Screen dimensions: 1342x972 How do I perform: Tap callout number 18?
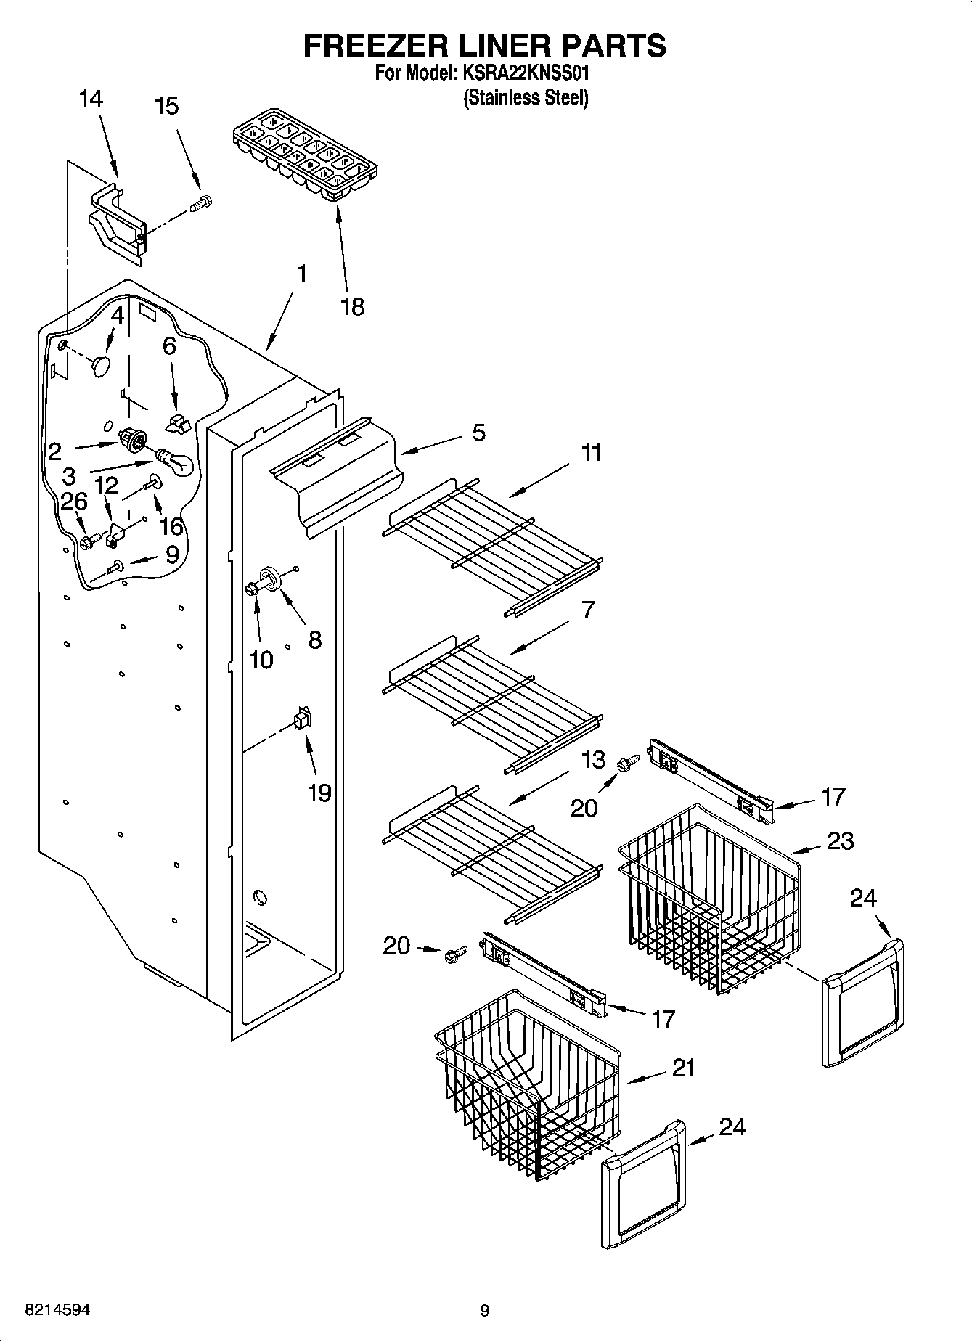click(x=352, y=307)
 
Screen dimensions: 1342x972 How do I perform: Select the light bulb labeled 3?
click(x=173, y=462)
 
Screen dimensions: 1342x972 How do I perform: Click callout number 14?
click(x=91, y=99)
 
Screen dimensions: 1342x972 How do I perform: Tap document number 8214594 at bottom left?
click(x=57, y=1310)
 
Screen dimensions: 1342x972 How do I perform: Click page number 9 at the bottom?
click(x=485, y=1311)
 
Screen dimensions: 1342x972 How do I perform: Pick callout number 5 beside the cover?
click(x=478, y=433)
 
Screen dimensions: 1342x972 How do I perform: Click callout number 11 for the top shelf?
click(x=591, y=453)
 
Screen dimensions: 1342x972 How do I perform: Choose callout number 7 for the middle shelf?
click(x=587, y=610)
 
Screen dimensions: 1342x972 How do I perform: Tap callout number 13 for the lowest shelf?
click(x=593, y=760)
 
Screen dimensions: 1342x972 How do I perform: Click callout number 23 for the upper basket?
click(x=840, y=841)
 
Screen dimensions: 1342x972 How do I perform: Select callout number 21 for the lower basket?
click(x=682, y=1068)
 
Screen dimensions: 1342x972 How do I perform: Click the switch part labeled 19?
click(x=301, y=719)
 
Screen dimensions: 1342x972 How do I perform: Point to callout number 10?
click(x=261, y=660)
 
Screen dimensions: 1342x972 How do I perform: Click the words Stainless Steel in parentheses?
click(x=526, y=98)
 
